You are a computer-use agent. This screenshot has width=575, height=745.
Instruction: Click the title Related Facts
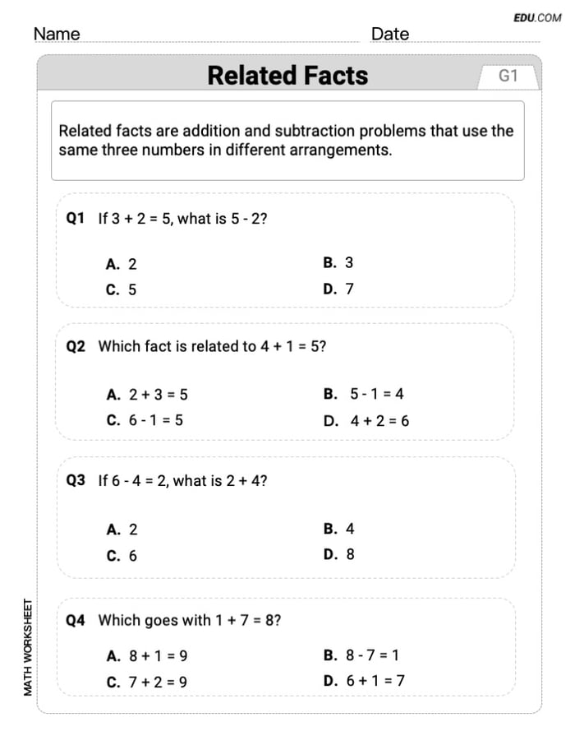point(287,75)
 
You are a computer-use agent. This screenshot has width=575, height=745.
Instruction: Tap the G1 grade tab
point(508,76)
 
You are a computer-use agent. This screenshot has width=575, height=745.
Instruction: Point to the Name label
point(57,35)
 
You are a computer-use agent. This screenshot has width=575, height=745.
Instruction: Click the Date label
point(390,35)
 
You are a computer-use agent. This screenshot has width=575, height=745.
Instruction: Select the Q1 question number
point(76,219)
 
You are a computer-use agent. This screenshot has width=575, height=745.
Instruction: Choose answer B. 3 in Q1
point(338,263)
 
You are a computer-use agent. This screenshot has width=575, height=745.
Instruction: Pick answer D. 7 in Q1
point(338,289)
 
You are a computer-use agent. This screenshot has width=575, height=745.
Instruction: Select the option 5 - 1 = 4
point(376,394)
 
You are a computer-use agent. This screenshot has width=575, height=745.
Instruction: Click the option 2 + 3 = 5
point(158,395)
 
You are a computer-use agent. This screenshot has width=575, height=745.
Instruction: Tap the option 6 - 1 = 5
point(155,420)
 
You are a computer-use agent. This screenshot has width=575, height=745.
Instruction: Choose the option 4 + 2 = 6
point(379,420)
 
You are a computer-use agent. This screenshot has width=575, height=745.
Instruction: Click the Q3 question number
point(76,481)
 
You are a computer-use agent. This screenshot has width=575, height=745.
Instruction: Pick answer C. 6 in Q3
point(122,556)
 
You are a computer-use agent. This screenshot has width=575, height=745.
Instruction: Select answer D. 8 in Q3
point(339,554)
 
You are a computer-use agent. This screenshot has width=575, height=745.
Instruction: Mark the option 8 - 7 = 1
point(374,655)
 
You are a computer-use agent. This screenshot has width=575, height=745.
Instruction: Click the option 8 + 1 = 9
point(158,656)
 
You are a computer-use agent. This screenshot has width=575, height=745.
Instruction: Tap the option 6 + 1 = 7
point(376,680)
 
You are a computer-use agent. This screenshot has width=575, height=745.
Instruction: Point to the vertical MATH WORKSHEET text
point(29,647)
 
